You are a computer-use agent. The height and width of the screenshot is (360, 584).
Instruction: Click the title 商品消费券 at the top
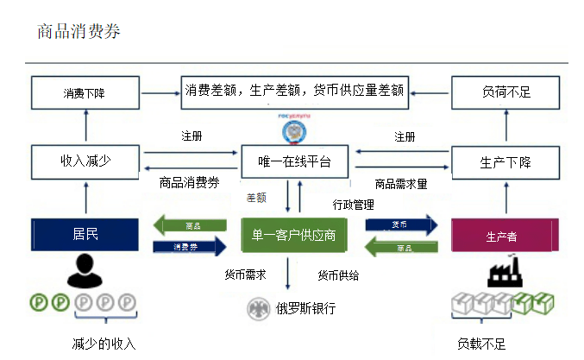[x=78, y=32]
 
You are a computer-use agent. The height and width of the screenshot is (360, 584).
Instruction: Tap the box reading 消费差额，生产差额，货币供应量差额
[x=294, y=90]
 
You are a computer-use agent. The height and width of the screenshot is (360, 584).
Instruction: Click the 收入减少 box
[x=85, y=161]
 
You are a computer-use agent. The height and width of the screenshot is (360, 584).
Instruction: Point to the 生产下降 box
[x=505, y=161]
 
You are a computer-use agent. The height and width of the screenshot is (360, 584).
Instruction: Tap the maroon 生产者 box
[x=505, y=236]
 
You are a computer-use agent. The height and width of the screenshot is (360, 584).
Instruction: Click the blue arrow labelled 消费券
[x=188, y=247]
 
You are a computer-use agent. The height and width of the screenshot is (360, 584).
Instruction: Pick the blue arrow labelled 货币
[x=399, y=224]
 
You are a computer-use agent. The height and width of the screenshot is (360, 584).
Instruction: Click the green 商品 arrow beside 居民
[x=188, y=225]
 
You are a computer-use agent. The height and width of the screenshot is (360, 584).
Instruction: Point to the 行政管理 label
[x=354, y=205]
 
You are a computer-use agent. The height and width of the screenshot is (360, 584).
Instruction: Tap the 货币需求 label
[x=245, y=275]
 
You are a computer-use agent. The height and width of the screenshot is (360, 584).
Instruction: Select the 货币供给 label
[x=338, y=275]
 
